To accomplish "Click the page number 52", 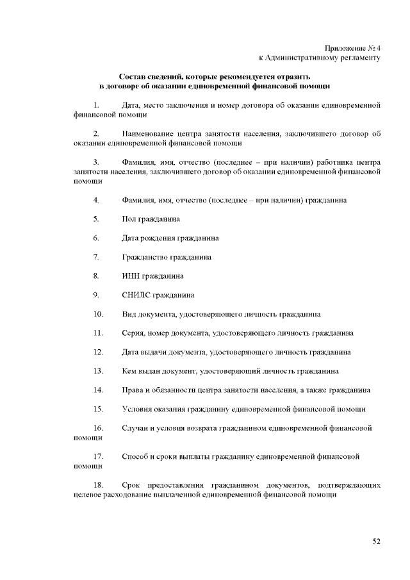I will click(x=377, y=542).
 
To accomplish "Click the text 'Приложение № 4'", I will click(x=352, y=48).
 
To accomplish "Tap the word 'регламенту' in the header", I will click(x=359, y=58).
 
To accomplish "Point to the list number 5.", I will click(x=95, y=219).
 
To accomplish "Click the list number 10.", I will click(x=98, y=314).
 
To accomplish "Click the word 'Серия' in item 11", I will click(x=132, y=333).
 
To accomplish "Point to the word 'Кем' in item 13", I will click(x=129, y=371).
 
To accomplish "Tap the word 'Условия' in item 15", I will click(x=137, y=409).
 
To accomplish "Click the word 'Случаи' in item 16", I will click(x=135, y=428).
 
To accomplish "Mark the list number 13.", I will click(x=98, y=371).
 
